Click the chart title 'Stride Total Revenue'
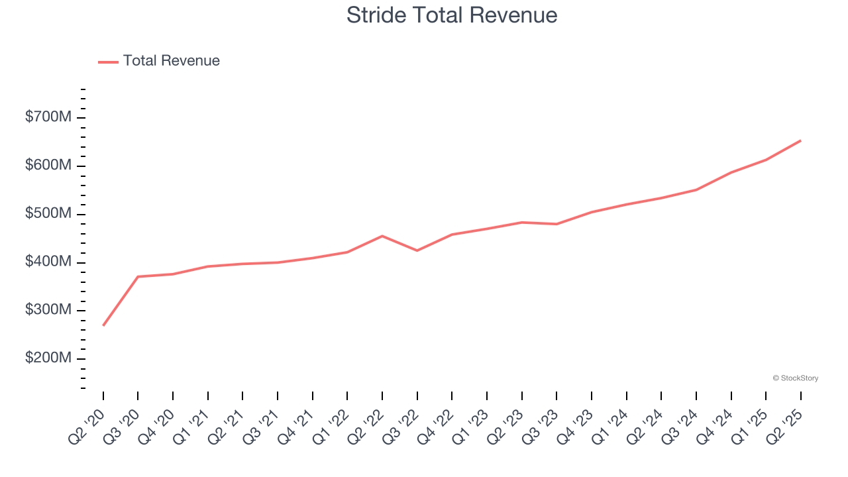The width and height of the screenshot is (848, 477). coord(452,15)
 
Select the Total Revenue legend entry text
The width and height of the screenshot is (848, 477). coord(171,61)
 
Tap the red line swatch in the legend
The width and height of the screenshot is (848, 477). coord(108,62)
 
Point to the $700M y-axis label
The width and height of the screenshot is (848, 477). coord(48,117)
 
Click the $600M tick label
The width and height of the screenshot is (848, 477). coord(48,166)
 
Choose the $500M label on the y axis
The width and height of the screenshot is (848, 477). coord(48,214)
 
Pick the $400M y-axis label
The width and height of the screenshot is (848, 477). coord(48,262)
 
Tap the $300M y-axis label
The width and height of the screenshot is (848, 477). coord(48,310)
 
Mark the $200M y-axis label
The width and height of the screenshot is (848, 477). coord(48,358)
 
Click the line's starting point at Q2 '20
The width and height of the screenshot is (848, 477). coord(103,325)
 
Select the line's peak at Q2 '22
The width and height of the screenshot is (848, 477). coord(382,236)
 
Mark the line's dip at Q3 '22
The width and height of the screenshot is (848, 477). coord(417,250)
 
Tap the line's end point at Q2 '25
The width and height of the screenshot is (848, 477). coord(800,140)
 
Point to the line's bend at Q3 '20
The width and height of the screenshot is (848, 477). coord(138,276)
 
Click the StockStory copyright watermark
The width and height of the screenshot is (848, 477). coord(795,378)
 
